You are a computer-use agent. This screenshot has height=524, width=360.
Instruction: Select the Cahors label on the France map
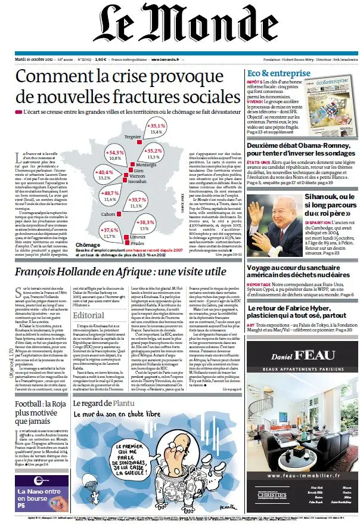108,213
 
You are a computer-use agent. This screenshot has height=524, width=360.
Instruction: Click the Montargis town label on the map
146,164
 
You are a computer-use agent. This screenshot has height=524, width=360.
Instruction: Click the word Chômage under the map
88,244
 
